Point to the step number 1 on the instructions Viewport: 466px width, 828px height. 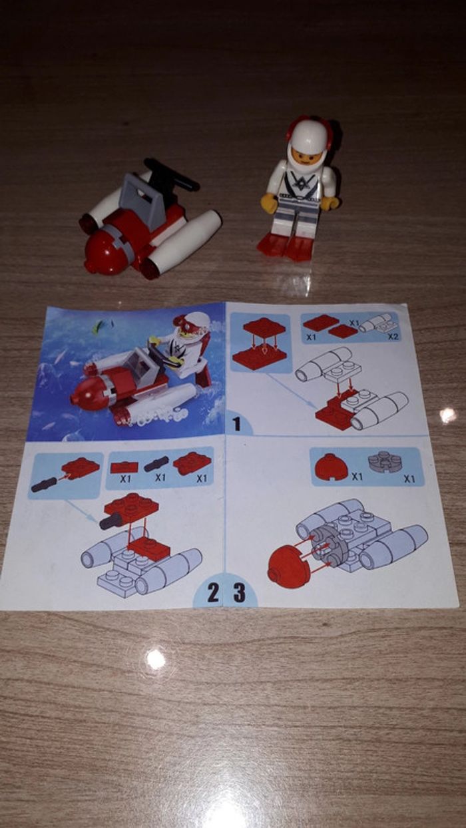237,424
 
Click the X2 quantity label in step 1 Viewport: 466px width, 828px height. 394,337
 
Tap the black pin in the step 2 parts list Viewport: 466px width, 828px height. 156,463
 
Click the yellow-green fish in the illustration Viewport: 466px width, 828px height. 99,326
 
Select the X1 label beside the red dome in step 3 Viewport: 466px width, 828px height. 357,477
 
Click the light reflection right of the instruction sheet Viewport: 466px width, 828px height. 447,415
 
